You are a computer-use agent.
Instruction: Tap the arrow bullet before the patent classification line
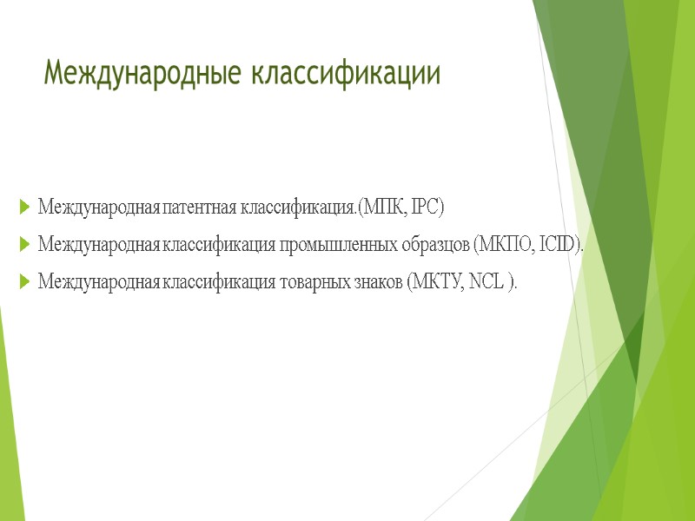(23, 208)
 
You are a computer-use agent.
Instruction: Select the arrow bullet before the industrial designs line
(23, 246)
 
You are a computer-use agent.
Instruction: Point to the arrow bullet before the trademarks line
(23, 282)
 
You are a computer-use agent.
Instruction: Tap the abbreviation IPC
(427, 208)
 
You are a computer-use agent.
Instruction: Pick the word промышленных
(334, 246)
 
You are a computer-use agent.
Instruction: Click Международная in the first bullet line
(98, 208)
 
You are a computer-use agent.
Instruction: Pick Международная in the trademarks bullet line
(98, 282)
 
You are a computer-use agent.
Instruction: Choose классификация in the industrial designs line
(218, 246)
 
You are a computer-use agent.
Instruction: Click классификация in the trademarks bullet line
(218, 282)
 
